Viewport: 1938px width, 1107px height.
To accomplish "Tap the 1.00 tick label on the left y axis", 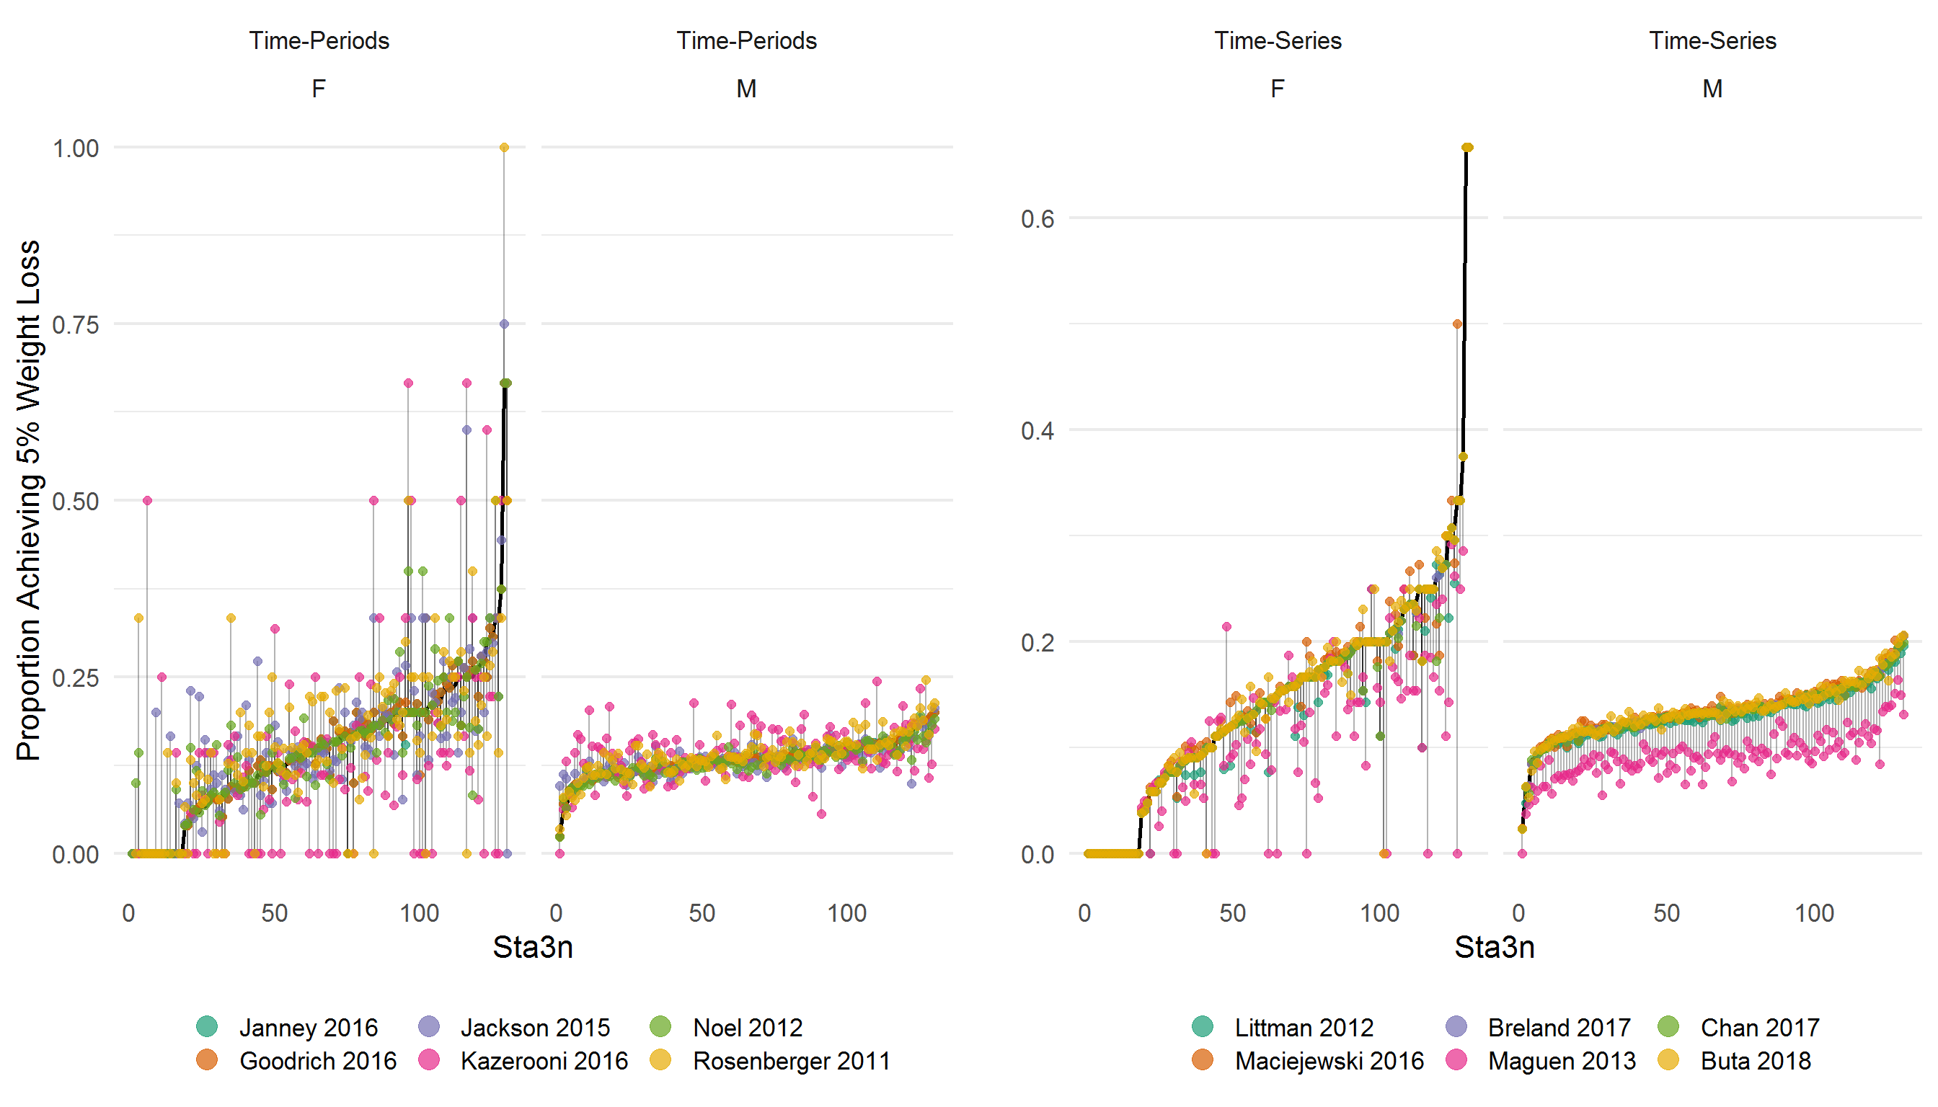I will pos(75,148).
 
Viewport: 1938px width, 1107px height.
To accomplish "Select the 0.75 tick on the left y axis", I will pos(75,324).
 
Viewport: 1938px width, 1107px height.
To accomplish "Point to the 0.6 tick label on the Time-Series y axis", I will pos(1037,219).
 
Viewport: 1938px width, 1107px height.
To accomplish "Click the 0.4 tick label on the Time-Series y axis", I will pos(1037,430).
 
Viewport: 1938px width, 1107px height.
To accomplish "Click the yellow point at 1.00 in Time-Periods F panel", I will pos(504,148).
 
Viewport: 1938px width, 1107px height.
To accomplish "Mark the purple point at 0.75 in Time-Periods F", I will pos(504,324).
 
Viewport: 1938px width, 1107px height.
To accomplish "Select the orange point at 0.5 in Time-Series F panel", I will pos(1457,324).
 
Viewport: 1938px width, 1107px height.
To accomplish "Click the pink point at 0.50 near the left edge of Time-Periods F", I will pos(148,500).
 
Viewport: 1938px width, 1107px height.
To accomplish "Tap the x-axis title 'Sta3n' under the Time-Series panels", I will pos(1494,947).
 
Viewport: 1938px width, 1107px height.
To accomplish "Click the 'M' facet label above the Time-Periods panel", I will pos(746,89).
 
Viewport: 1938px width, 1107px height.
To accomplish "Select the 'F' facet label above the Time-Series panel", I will pos(1278,89).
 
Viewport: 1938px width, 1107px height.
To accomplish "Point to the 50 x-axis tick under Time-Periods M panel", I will pos(702,913).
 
